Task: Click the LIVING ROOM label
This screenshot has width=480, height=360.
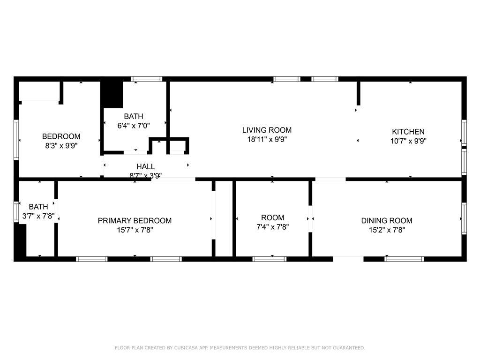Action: click(267, 130)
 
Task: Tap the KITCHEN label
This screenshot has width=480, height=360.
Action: click(408, 132)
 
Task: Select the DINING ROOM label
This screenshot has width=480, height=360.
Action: click(387, 220)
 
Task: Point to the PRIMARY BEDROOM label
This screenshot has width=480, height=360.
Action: click(135, 220)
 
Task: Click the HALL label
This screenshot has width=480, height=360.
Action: click(145, 166)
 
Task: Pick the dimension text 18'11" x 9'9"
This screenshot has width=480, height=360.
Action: click(267, 140)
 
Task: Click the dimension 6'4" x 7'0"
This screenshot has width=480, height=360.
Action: click(134, 126)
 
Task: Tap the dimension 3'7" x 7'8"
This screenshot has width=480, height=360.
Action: click(38, 216)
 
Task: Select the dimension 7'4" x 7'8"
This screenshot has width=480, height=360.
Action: click(272, 227)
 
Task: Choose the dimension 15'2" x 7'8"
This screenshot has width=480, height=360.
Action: click(387, 230)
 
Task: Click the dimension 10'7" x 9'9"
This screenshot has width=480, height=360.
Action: click(408, 141)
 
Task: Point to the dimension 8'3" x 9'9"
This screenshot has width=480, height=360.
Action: click(61, 146)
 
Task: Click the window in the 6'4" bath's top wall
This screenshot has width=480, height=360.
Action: click(147, 79)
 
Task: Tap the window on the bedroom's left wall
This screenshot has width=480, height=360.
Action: click(16, 140)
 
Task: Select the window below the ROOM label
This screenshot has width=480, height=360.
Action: click(270, 259)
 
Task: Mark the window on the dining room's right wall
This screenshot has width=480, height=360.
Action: click(464, 218)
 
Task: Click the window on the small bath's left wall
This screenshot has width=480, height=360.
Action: click(16, 211)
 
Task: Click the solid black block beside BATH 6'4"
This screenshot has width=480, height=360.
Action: click(112, 94)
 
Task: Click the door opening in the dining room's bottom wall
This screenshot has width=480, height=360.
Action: click(348, 259)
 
